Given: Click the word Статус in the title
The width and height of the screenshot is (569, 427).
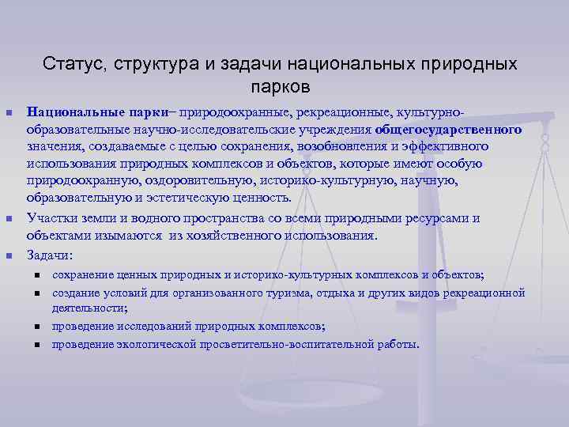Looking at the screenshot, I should click(70, 62).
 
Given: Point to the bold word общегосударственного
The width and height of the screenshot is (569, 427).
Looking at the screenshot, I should click(448, 129).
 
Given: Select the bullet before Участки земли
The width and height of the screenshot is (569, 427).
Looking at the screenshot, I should click(9, 218).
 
